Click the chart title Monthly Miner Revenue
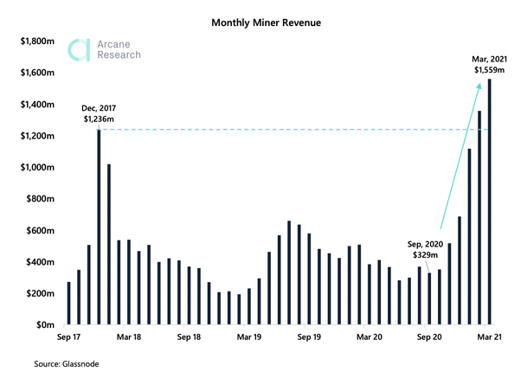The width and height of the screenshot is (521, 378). (x=260, y=21)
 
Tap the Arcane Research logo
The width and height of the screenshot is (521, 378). (x=105, y=49)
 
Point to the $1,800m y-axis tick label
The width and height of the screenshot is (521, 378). (x=40, y=41)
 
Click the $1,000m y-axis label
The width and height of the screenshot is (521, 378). (x=40, y=167)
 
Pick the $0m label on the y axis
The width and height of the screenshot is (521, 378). (x=47, y=325)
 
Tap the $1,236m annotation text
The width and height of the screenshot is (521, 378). (x=100, y=119)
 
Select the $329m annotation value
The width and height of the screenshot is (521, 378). (x=427, y=258)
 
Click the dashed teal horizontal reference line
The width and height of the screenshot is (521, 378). (x=286, y=130)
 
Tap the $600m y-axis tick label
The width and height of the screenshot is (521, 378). (x=42, y=230)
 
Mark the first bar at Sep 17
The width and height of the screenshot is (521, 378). (x=69, y=304)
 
